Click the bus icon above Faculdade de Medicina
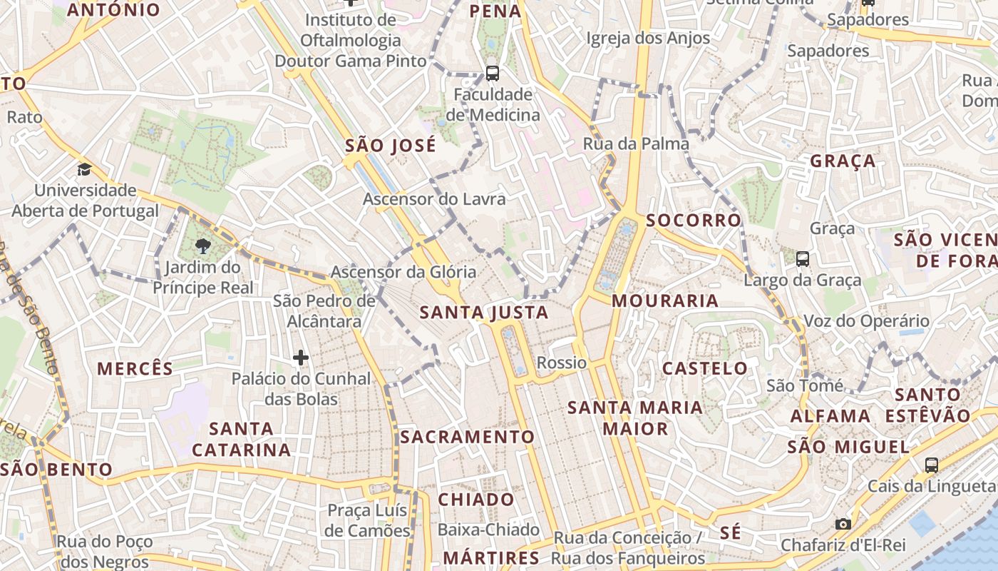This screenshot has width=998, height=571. pos(492,73)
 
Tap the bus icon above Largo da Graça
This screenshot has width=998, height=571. pos(803,259)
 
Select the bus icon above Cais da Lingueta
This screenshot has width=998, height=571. pos(931,465)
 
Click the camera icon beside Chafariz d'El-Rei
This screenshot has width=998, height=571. pos(843,525)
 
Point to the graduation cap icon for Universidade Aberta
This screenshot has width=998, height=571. pos(85,170)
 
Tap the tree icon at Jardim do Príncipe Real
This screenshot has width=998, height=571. pos(203,247)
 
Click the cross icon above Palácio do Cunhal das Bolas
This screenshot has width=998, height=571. pos(301,357)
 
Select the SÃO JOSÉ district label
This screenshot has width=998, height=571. pos(390,146)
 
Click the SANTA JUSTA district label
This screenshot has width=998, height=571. pos(484,313)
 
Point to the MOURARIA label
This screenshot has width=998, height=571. pos(665,300)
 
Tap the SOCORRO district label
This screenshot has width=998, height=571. pos(694,220)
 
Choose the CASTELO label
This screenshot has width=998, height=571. pos(705,369)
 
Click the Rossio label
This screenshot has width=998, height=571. pos(562,363)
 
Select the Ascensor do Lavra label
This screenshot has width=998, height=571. pos(434,199)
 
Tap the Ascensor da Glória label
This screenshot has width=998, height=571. pos(403,272)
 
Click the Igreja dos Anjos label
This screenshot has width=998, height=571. pos(648,38)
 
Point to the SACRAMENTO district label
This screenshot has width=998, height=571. pos(467,437)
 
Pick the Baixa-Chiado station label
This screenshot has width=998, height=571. pos(488,530)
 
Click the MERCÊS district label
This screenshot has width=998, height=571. pos(135,369)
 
